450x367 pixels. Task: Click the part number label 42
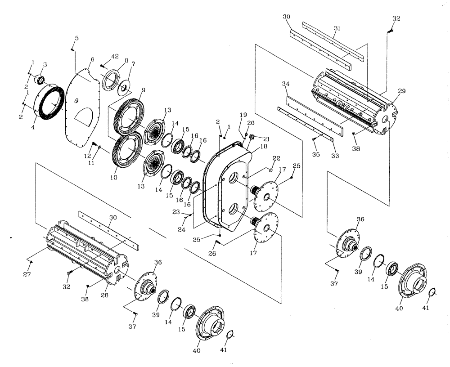point(115,57)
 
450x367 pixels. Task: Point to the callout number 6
point(92,59)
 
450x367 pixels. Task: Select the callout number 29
point(401,91)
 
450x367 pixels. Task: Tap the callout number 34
point(285,84)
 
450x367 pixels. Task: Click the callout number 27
point(27,274)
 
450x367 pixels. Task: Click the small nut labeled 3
point(40,80)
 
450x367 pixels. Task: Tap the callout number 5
point(76,38)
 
